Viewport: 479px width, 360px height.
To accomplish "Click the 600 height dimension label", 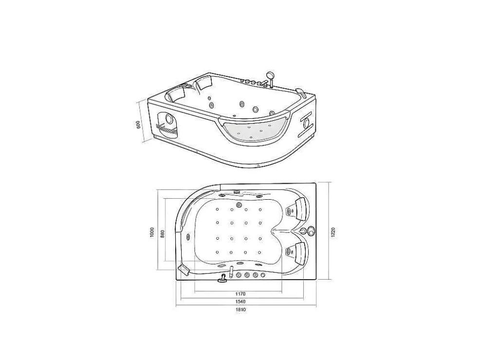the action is tap(138, 125).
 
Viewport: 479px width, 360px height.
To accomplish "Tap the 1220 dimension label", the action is tap(333, 232).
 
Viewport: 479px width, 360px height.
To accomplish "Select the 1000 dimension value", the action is tap(152, 232).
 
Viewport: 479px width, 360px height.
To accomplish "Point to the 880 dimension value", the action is tap(163, 234).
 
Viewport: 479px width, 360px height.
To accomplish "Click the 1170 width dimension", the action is tap(240, 294).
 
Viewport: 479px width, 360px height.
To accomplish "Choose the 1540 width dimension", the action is tap(240, 302).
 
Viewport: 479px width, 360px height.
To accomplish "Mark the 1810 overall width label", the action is tap(240, 309).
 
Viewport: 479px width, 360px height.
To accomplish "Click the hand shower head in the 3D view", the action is tap(270, 75).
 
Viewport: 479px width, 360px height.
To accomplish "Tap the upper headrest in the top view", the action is tap(298, 208).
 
